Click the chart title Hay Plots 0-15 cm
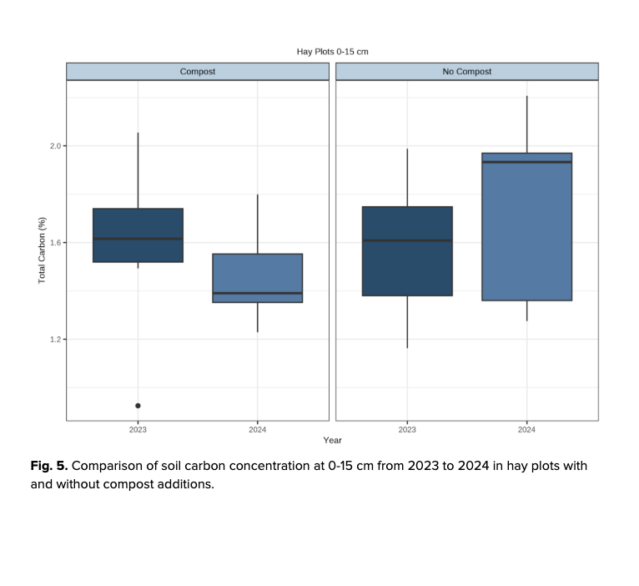[332, 52]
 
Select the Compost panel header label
[198, 72]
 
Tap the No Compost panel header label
[466, 72]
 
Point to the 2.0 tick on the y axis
[57, 146]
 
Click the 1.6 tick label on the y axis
[57, 243]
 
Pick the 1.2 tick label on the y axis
[57, 340]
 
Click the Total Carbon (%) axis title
[43, 250]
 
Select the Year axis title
[333, 440]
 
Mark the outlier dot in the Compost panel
[138, 406]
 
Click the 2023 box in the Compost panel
[138, 225]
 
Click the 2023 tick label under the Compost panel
[138, 429]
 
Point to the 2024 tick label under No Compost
[526, 429]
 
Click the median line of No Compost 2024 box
[526, 162]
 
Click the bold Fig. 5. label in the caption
[49, 466]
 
